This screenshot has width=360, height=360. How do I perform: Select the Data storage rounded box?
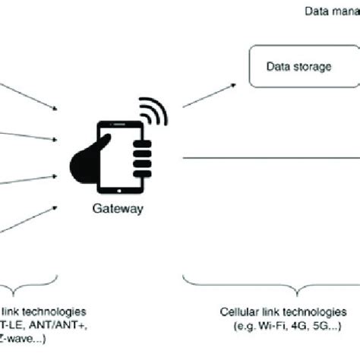tap(303, 67)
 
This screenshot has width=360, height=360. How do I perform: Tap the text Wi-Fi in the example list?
tap(264, 325)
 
